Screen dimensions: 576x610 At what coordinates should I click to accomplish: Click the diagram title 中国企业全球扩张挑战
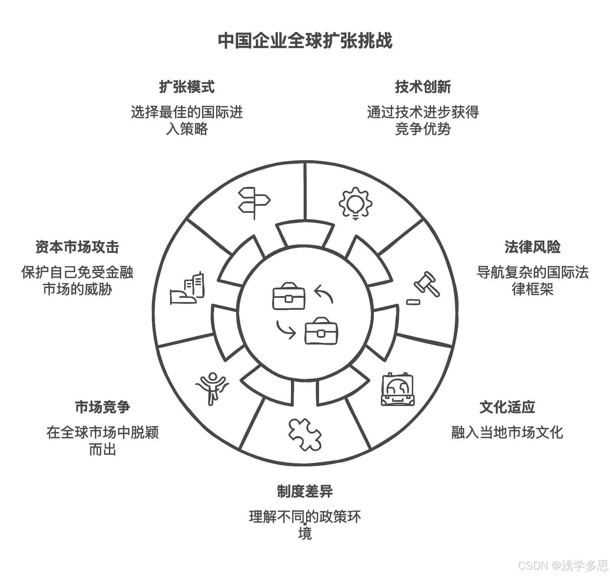305,41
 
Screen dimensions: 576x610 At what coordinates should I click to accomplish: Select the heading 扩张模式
187,87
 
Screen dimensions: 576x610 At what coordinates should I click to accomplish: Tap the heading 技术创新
423,87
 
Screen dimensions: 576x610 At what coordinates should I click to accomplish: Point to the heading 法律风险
532,247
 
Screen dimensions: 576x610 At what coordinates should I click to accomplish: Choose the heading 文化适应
507,407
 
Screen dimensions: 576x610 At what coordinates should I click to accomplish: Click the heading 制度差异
305,491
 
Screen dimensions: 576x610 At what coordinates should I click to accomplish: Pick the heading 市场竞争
102,407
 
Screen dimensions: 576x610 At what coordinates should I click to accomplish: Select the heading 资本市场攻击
77,247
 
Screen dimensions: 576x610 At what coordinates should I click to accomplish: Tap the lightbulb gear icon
355,203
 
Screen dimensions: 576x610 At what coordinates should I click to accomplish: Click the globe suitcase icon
397,389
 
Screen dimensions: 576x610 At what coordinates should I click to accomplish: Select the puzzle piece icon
304,434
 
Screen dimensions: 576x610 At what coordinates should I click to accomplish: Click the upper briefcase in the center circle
289,296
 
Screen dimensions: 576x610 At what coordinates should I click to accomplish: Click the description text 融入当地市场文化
507,433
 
